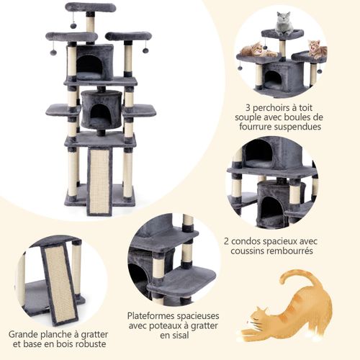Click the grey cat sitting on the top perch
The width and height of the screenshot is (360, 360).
[284, 24]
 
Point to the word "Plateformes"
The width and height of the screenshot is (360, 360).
[151, 316]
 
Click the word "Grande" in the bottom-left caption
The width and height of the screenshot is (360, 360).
[22, 334]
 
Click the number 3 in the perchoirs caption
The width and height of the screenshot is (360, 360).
[248, 108]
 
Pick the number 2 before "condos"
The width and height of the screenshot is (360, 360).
[226, 241]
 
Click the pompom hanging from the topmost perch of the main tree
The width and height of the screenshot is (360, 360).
[73, 25]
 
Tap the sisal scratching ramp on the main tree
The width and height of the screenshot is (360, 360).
[99, 181]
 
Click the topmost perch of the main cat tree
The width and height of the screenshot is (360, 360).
[91, 7]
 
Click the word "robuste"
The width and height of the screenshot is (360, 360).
[91, 343]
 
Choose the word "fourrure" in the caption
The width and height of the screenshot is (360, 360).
[256, 127]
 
